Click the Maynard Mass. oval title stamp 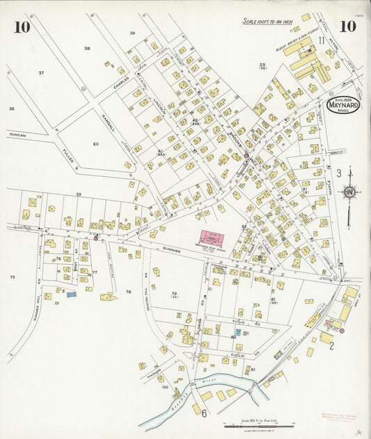[x=342, y=106]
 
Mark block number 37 [x=41, y=73]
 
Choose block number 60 [x=95, y=144]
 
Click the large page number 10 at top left [x=22, y=28]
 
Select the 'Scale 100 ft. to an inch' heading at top [x=269, y=22]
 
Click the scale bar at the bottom [x=258, y=426]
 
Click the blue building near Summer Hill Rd [x=71, y=295]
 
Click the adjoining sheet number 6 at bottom [x=204, y=414]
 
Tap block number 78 [x=128, y=292]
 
